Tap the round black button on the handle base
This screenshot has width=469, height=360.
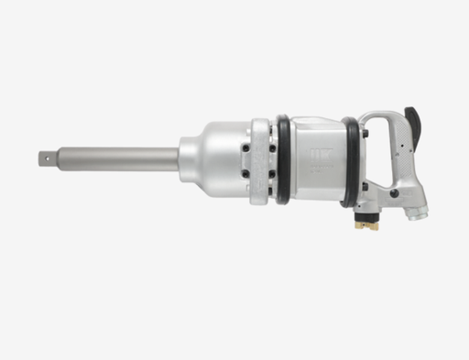(x=394, y=193)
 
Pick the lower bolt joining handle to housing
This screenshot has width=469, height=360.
(x=364, y=186)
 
